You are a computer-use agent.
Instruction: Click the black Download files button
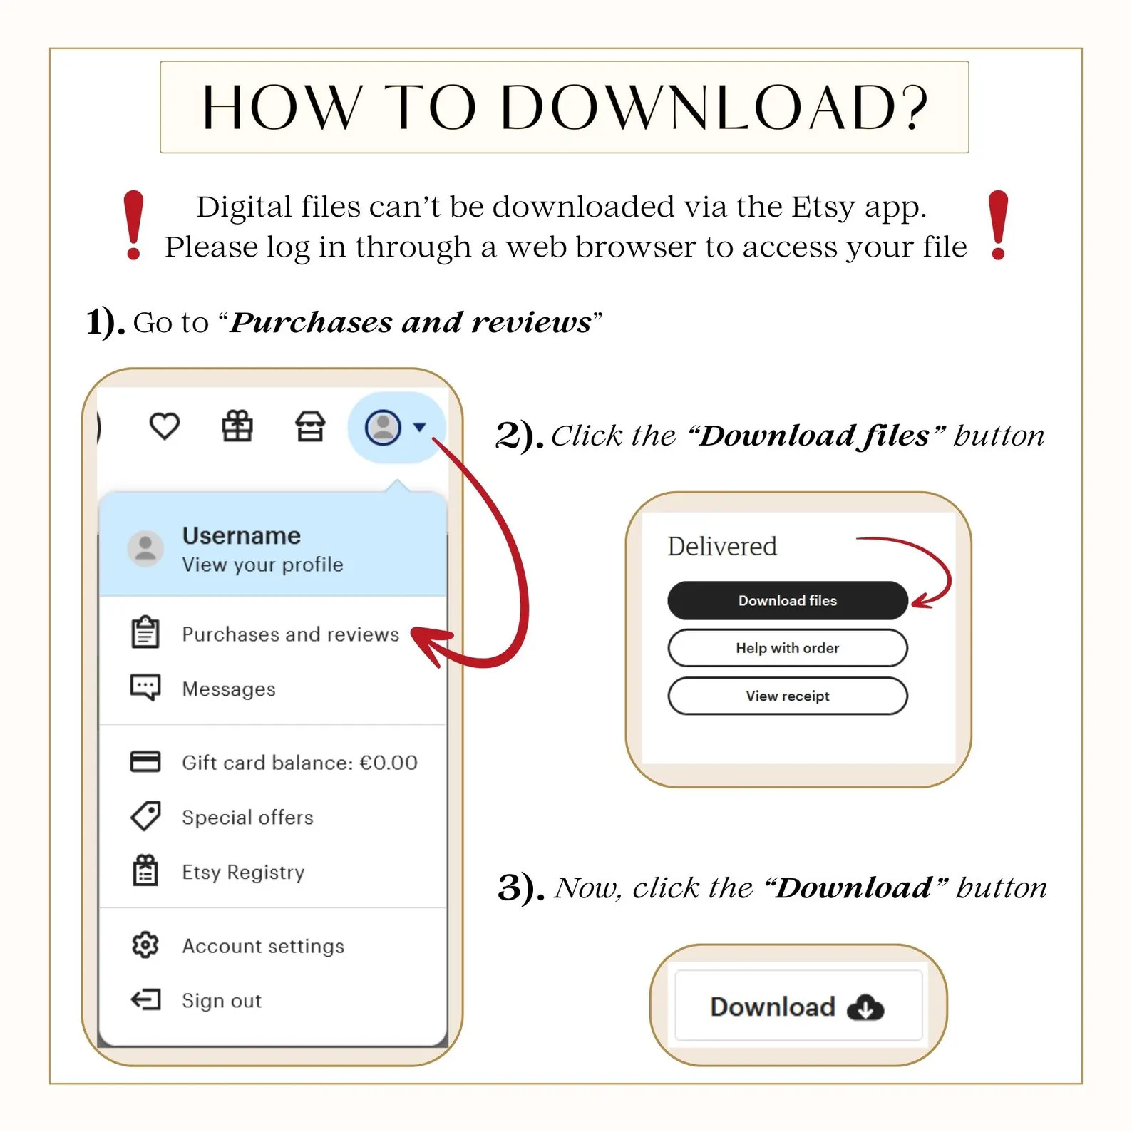[x=788, y=600]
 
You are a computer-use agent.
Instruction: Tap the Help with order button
[x=788, y=648]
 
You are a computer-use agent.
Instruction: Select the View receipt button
[x=788, y=696]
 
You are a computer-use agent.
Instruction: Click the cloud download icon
[x=865, y=1008]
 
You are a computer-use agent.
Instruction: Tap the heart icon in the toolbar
[x=165, y=427]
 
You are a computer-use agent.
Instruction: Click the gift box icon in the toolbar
[x=237, y=427]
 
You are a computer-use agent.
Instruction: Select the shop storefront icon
[x=310, y=427]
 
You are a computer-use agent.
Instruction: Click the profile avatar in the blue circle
[x=384, y=428]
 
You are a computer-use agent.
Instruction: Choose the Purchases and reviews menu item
[x=291, y=634]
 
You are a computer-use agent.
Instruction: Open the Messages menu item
[x=229, y=689]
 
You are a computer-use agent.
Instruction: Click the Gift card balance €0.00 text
[x=300, y=763]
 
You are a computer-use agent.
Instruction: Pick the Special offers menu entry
[x=248, y=818]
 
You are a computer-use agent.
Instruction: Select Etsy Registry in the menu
[x=244, y=873]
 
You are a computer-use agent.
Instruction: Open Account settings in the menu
[x=264, y=946]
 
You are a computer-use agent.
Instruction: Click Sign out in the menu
[x=222, y=1001]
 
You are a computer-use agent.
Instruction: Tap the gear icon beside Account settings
[x=145, y=945]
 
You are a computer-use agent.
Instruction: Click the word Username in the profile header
[x=242, y=535]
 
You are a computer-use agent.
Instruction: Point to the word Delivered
[x=722, y=547]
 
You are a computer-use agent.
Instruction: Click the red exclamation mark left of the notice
[x=133, y=225]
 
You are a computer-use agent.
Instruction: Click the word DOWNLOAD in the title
[x=715, y=108]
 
